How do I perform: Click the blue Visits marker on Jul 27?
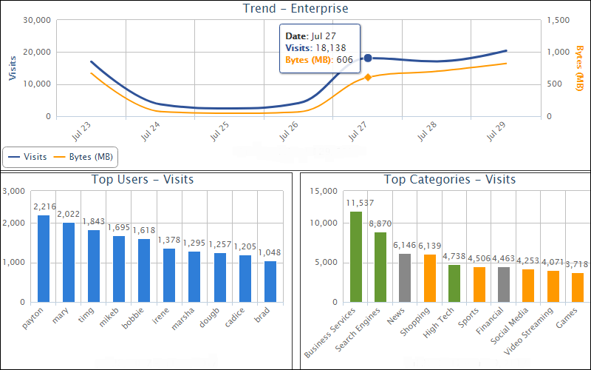pyautogui.click(x=368, y=58)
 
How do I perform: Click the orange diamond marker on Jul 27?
pyautogui.click(x=368, y=77)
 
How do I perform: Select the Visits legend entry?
pyautogui.click(x=28, y=157)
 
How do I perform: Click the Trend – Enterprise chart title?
pyautogui.click(x=295, y=9)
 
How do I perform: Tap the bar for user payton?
pyautogui.click(x=44, y=258)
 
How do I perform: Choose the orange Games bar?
pyautogui.click(x=578, y=287)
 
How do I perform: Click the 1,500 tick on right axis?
pyautogui.click(x=558, y=21)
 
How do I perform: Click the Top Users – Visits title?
pyautogui.click(x=143, y=180)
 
